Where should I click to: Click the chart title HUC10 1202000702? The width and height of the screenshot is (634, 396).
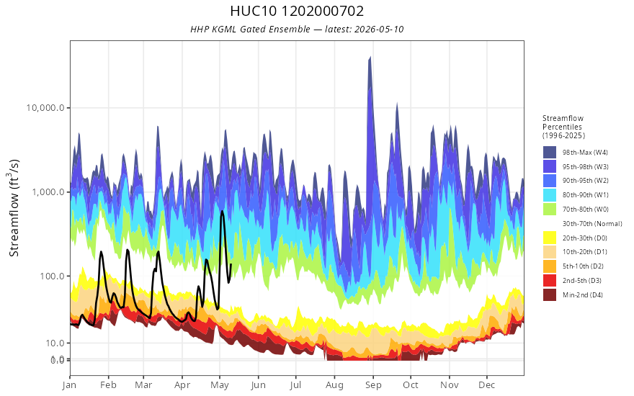point(297,11)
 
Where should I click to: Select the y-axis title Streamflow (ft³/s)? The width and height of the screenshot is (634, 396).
point(14,207)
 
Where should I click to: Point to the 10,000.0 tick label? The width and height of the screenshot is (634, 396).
point(45,108)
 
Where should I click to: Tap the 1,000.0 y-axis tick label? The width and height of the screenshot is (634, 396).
point(48,192)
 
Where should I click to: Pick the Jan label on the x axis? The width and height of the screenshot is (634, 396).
point(70,385)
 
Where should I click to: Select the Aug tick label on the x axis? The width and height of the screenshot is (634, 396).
point(334,385)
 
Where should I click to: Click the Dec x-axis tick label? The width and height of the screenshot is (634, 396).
point(487,385)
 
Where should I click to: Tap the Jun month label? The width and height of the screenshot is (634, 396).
point(258,385)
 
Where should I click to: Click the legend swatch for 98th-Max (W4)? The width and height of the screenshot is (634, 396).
point(550,153)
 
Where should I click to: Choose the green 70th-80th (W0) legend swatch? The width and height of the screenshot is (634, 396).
point(550,210)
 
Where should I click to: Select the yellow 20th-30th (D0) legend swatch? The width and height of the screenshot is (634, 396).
point(550,238)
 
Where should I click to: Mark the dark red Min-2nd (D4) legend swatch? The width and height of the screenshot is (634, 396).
point(550,294)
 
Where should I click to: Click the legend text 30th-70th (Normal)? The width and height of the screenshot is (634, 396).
point(592,223)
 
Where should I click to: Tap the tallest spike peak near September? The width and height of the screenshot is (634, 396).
point(370,58)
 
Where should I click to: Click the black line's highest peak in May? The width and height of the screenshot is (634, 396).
point(223,211)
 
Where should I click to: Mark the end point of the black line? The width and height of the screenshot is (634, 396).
point(231,265)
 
